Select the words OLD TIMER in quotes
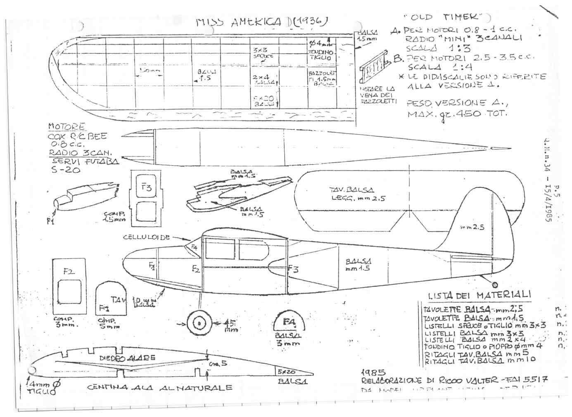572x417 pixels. click(445, 17)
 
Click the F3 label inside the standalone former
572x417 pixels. click(146, 187)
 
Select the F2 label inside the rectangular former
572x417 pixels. click(69, 271)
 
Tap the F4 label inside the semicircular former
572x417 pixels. click(290, 322)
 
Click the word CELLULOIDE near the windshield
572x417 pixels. click(147, 238)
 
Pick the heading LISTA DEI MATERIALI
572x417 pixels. click(479, 295)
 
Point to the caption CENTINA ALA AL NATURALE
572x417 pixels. click(159, 388)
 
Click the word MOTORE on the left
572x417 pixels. click(67, 126)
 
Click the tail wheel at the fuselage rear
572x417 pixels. click(495, 284)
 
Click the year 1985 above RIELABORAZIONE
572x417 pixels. click(373, 372)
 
